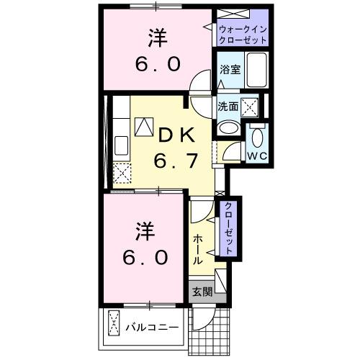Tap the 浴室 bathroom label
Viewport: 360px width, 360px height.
[230, 71]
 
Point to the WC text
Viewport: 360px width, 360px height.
[258, 156]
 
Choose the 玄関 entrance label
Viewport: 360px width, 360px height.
[202, 292]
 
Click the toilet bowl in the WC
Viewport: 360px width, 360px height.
[257, 135]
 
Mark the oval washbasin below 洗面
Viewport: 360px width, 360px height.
[228, 128]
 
